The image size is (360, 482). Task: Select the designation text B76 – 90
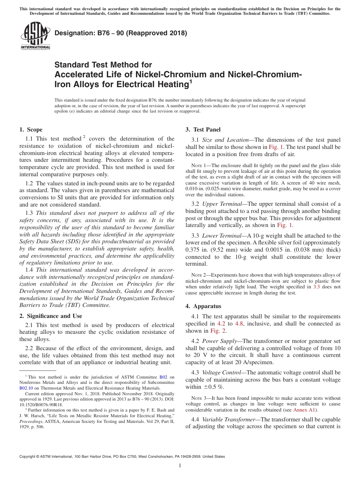tap(121, 33)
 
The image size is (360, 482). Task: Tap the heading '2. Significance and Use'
tap(50, 316)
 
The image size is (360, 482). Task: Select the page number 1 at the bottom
tap(180, 466)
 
